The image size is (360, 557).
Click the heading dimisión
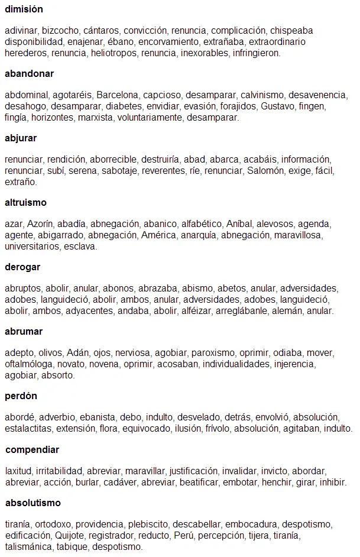click(24, 9)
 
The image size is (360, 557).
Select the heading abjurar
click(21, 138)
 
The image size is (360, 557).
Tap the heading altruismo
click(25, 203)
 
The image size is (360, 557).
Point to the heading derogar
click(22, 267)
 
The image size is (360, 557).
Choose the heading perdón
click(21, 396)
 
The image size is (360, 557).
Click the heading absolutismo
click(33, 503)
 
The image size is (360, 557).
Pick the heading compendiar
click(33, 450)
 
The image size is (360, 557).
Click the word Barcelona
click(117, 95)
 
